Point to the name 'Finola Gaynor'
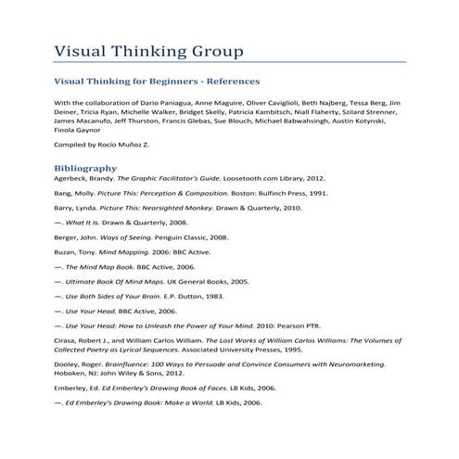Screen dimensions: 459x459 click(x=80, y=130)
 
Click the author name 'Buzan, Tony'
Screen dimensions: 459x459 click(x=75, y=251)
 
